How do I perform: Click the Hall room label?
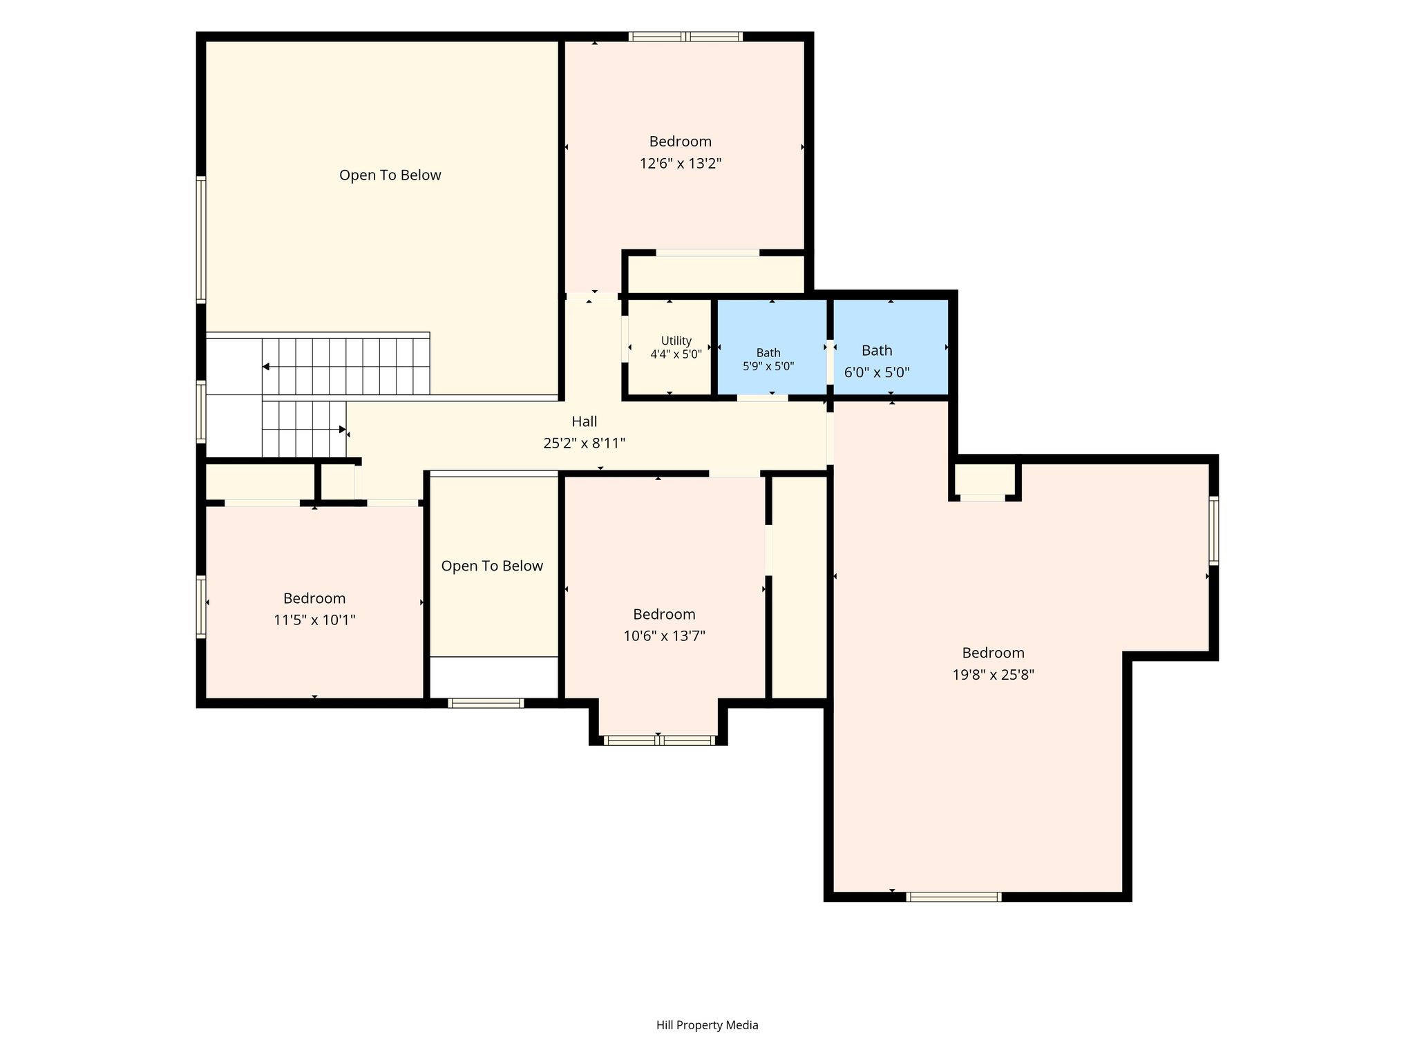(585, 421)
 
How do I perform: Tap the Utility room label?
(676, 341)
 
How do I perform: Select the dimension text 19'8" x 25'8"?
(993, 675)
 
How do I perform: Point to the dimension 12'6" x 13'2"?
(681, 164)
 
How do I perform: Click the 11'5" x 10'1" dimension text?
(314, 620)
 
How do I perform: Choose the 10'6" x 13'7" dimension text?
(664, 635)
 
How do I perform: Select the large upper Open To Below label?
(390, 175)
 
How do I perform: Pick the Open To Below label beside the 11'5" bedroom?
(492, 566)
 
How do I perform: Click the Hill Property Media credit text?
(707, 1025)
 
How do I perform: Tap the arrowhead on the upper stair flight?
(266, 367)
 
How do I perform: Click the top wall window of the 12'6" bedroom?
(685, 37)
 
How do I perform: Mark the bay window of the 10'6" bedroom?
(658, 740)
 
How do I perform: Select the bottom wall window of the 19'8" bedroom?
(953, 897)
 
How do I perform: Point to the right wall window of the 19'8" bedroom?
(1213, 530)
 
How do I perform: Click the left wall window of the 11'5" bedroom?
(201, 606)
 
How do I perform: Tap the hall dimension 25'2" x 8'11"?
(585, 443)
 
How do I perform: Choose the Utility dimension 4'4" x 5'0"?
(676, 354)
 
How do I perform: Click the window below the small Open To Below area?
(486, 703)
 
